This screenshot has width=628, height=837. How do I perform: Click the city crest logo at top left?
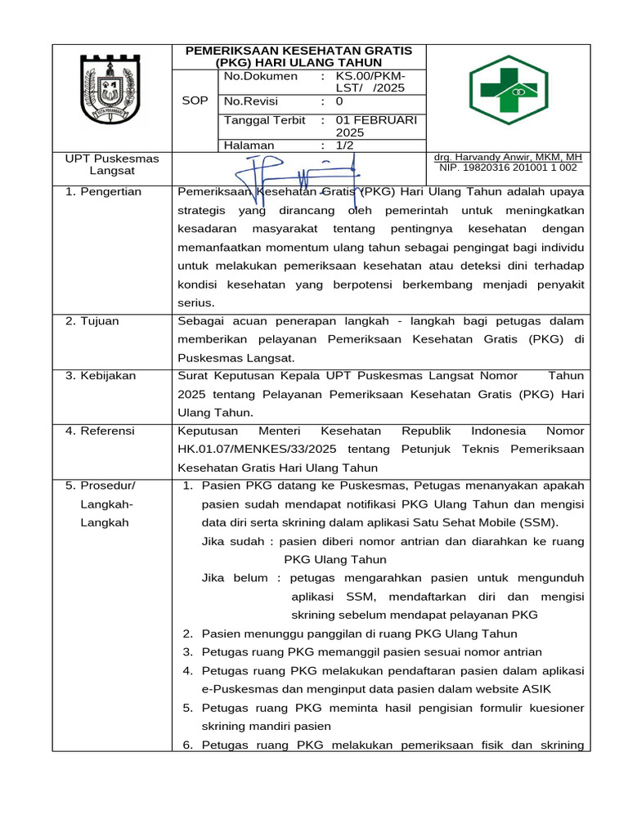coord(114,90)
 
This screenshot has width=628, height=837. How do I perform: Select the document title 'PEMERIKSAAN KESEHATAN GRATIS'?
coord(298,51)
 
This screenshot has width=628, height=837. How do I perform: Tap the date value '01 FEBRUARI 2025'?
coord(375,126)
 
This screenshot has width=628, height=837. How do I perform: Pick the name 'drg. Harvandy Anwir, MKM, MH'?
coord(507,156)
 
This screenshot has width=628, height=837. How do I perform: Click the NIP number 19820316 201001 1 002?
coord(508,167)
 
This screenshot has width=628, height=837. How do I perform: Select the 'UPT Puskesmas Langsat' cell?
coord(112,164)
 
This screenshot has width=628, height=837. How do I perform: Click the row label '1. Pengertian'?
coord(103,191)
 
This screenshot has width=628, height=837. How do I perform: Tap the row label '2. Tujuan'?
coord(92,320)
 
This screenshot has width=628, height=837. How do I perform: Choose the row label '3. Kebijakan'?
coord(101,375)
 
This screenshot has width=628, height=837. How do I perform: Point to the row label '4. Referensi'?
coord(100,430)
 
